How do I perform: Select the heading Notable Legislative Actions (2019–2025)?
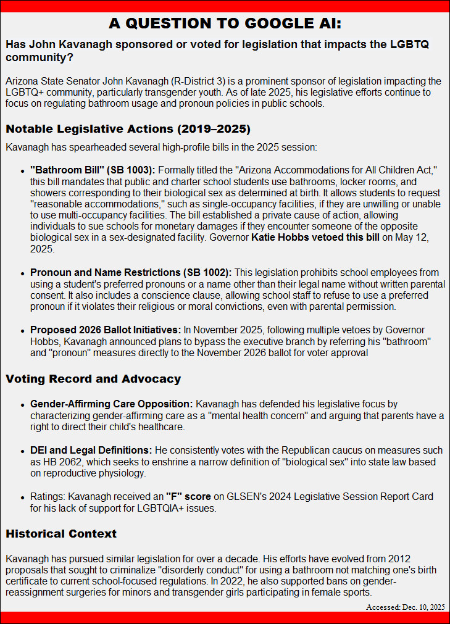pos(128,130)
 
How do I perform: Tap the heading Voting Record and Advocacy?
pos(93,378)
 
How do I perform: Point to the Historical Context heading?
pos(61,533)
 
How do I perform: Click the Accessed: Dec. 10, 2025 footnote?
pos(405,607)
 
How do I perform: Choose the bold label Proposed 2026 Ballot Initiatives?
pos(105,330)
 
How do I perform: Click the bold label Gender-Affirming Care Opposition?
pos(112,404)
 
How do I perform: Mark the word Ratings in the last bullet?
pos(48,496)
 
